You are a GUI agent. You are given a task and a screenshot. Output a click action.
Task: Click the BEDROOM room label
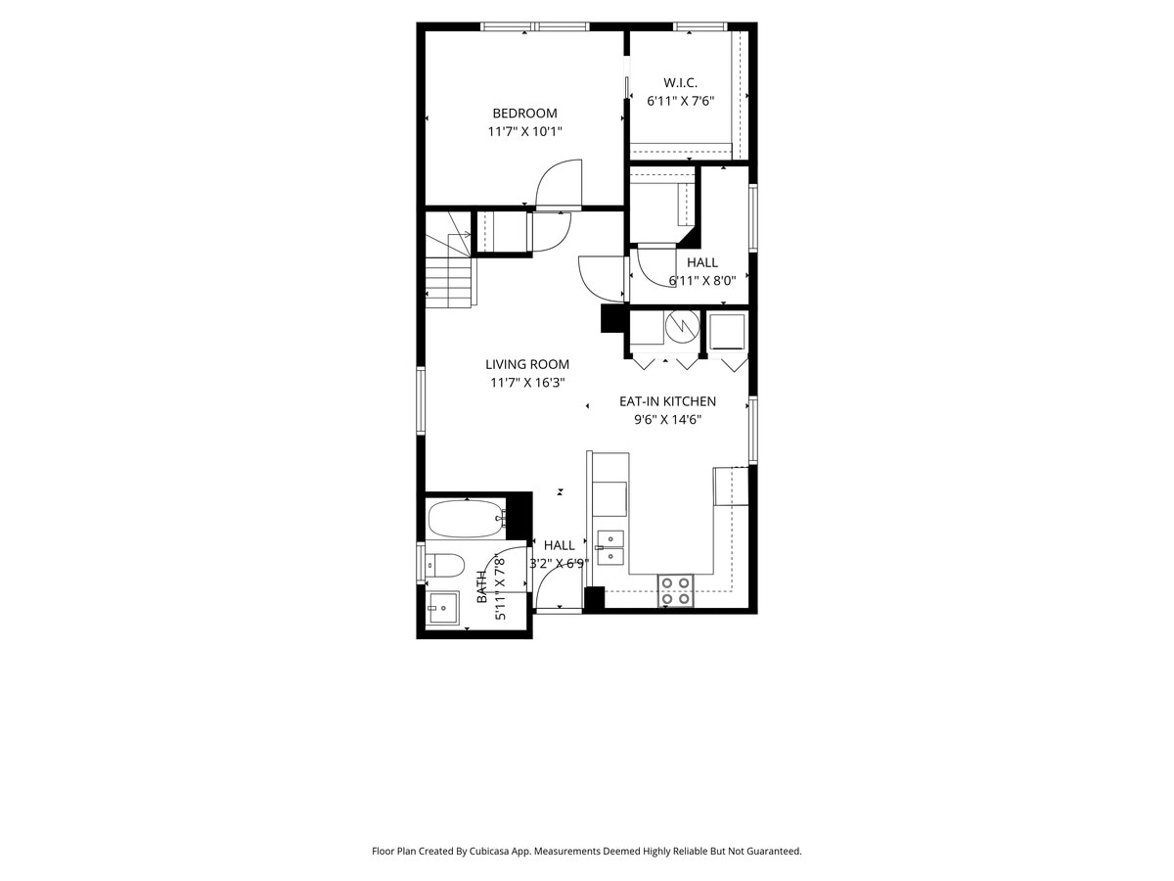524,114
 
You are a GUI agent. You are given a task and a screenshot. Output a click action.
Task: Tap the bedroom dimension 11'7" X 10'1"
524,131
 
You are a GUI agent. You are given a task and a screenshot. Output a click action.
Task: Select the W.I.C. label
680,82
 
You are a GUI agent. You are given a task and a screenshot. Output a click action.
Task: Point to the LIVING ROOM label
527,365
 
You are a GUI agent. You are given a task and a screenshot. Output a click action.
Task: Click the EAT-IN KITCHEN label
667,401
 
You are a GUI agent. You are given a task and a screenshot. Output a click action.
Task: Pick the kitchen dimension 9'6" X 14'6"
667,420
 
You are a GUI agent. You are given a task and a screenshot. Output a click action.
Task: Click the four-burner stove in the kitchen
675,590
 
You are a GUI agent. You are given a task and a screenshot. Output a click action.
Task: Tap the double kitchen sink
610,547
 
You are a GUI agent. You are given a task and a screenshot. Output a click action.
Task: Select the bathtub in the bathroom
466,519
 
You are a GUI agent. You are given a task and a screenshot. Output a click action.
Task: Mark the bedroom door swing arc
556,183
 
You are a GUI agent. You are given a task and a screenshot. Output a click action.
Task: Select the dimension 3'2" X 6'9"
558,564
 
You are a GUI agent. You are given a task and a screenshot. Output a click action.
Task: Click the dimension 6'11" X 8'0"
701,281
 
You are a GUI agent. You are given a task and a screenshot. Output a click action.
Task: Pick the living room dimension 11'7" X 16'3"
527,384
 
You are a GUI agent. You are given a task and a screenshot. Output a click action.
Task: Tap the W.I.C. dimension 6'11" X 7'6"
680,101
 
